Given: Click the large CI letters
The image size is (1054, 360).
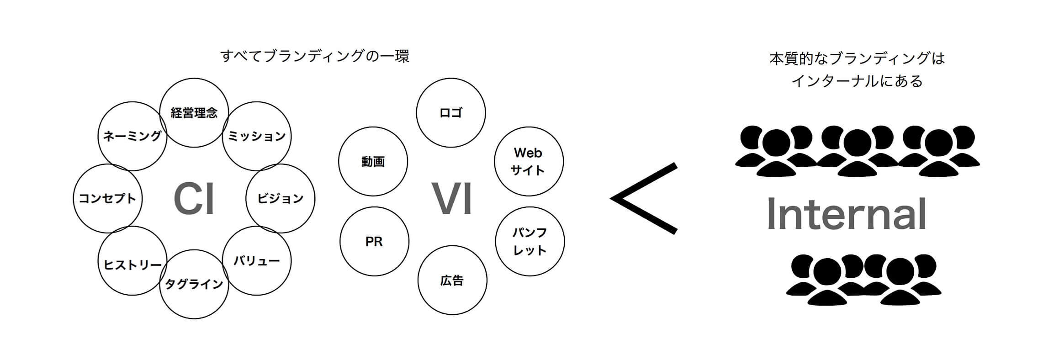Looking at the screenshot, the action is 194,199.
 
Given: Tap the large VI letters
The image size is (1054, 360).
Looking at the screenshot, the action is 452,199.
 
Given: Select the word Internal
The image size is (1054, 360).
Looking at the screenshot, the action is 847,213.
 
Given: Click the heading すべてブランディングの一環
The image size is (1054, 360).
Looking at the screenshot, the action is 315,56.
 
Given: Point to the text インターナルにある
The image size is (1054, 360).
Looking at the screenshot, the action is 857,81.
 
